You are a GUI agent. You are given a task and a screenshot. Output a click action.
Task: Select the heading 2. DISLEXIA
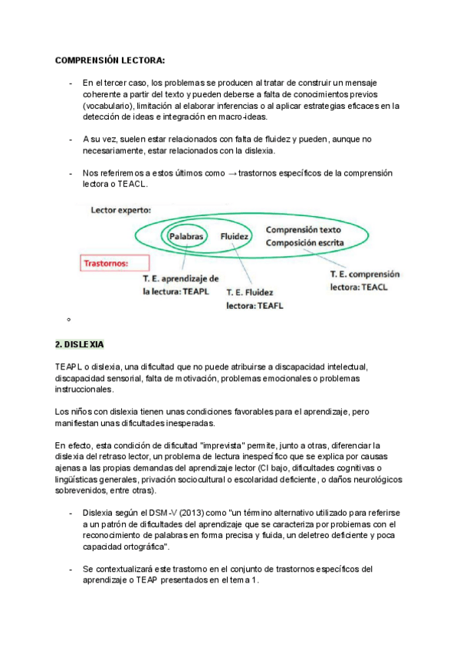click(x=80, y=343)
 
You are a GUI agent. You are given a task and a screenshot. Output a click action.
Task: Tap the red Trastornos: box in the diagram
click(x=106, y=263)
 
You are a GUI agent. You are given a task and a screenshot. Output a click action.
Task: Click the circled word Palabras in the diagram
click(x=187, y=237)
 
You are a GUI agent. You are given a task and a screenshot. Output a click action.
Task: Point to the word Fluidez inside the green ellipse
click(x=235, y=237)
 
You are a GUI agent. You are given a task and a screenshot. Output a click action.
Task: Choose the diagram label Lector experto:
click(x=121, y=208)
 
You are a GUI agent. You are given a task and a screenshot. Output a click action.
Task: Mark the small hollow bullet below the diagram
click(x=69, y=318)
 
